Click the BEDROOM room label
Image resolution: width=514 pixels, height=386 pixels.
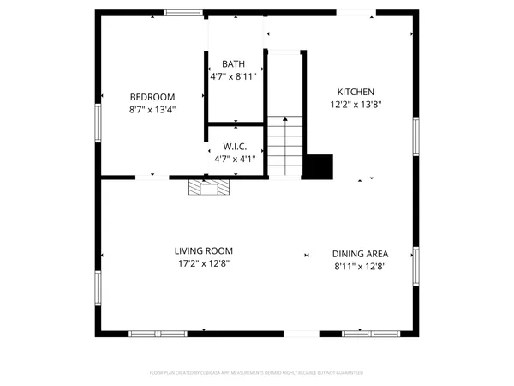tap(152, 97)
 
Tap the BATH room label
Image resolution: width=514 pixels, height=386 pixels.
tap(233, 64)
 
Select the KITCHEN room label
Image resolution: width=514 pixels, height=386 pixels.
tap(356, 92)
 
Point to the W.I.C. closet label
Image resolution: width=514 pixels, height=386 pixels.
tap(236, 147)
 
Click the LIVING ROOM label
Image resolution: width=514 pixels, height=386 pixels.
tap(203, 250)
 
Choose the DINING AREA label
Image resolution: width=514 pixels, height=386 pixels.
tap(360, 254)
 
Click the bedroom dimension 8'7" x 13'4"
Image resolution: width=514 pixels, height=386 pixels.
tap(152, 110)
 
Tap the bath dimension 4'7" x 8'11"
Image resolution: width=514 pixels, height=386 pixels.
tap(233, 76)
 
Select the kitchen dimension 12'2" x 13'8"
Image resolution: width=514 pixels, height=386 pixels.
tap(356, 105)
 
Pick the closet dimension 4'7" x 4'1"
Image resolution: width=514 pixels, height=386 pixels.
tap(236, 159)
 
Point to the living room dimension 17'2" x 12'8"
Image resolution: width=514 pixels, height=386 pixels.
tap(203, 263)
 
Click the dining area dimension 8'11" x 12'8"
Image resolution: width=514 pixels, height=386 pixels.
tap(360, 266)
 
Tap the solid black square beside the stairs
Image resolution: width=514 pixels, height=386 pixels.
tap(320, 166)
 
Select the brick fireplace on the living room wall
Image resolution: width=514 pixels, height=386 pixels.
tap(210, 188)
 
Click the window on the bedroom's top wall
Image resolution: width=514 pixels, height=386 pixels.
tap(184, 12)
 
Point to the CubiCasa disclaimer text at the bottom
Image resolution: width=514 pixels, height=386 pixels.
tap(257, 373)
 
